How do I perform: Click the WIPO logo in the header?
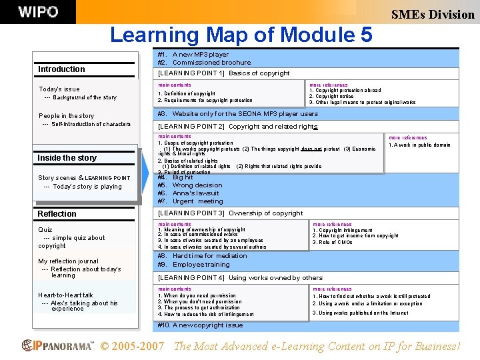coord(38,12)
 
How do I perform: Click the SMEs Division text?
coord(433,14)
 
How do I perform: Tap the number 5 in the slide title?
coord(365,34)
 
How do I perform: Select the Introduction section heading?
coord(61,69)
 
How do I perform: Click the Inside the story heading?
coord(67,158)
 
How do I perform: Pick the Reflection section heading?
coord(57,214)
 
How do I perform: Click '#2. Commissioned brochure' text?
coord(204,63)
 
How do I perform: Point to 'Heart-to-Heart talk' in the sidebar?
coord(65,295)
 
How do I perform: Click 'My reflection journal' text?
coord(68,261)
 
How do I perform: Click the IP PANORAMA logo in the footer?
coord(58,346)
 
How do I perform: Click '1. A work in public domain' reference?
coord(419,145)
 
